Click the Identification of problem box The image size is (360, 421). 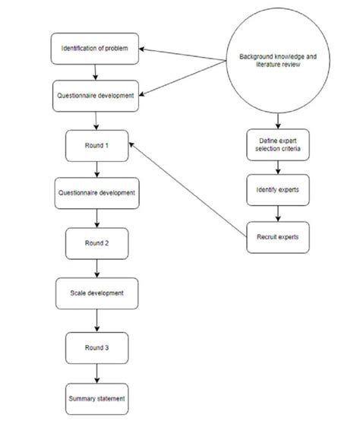[x=96, y=49]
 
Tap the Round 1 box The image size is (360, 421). [x=96, y=144]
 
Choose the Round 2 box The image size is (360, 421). [x=96, y=242]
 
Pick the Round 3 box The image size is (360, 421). [x=96, y=347]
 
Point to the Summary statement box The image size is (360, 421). [x=96, y=397]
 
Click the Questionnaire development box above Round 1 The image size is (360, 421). [x=96, y=96]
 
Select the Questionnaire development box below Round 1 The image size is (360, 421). [x=96, y=192]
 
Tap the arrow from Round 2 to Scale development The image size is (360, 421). [x=96, y=267]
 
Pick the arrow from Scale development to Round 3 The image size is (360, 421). [x=96, y=320]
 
